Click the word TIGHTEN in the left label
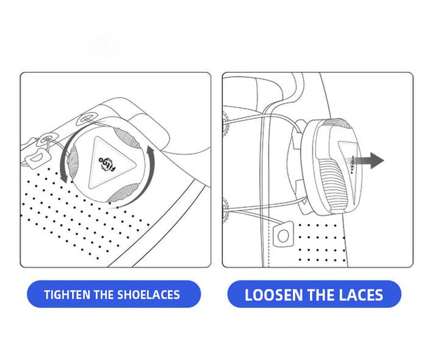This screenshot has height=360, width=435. (67, 295)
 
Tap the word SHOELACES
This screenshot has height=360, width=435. (148, 295)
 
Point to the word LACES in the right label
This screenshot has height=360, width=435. (361, 295)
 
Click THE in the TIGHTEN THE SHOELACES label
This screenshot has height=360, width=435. (104, 295)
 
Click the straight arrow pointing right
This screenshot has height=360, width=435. (365, 160)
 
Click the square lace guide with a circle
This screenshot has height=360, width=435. (283, 234)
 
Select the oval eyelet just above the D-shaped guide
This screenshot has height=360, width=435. (48, 138)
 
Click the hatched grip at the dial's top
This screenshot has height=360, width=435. (127, 139)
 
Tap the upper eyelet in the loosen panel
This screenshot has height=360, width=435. (225, 122)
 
